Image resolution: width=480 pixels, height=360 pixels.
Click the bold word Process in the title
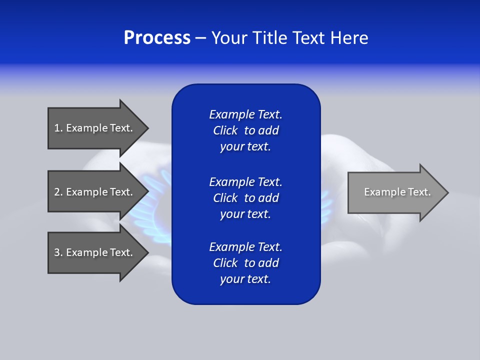(x=157, y=38)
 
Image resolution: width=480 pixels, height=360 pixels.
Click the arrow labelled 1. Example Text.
(x=95, y=128)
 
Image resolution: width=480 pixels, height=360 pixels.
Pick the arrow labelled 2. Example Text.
(x=95, y=192)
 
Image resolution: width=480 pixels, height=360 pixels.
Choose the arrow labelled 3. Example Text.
(x=95, y=252)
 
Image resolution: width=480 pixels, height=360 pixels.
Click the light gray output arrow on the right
(x=395, y=192)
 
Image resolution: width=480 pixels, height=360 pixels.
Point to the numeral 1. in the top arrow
(x=58, y=128)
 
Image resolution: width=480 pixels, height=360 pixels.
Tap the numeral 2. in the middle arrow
(x=58, y=192)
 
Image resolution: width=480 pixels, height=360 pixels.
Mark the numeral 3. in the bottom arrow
(x=58, y=252)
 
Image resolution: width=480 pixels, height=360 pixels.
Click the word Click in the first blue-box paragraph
(x=225, y=131)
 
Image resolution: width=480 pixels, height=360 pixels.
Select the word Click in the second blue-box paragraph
(x=225, y=198)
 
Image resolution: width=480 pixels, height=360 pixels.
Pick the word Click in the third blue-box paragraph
(x=225, y=263)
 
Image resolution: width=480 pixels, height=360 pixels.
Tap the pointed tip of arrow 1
(x=147, y=128)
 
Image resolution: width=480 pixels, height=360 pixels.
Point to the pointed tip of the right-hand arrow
(x=447, y=192)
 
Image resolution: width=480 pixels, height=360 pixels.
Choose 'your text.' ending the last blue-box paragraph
(x=245, y=279)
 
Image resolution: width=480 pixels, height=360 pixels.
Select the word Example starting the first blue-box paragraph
(x=231, y=114)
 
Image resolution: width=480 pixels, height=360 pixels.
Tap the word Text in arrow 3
(x=120, y=252)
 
